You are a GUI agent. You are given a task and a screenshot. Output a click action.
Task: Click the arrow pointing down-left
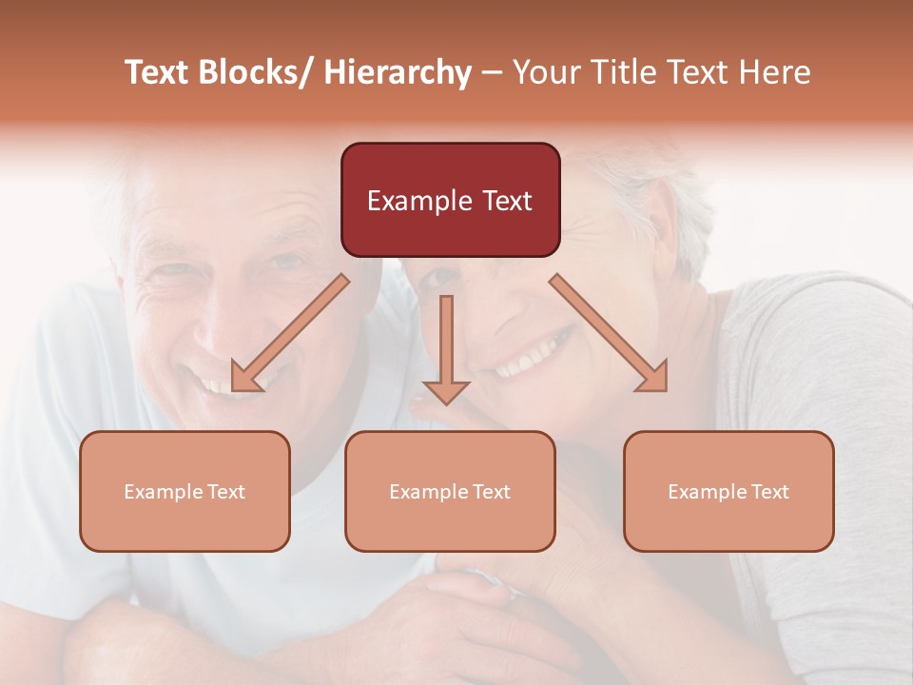[290, 333]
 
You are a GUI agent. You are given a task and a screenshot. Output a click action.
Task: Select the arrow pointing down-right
[609, 333]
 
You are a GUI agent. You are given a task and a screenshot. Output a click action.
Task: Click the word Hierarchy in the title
[397, 72]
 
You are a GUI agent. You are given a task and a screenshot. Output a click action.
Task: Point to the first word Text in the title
[159, 72]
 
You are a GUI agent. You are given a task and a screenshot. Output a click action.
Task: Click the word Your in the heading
[545, 72]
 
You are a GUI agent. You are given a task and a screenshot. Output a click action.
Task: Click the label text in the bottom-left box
[185, 492]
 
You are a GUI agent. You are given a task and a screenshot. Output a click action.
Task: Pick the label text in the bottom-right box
[728, 492]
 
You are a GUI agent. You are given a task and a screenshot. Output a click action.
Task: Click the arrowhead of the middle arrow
[446, 392]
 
